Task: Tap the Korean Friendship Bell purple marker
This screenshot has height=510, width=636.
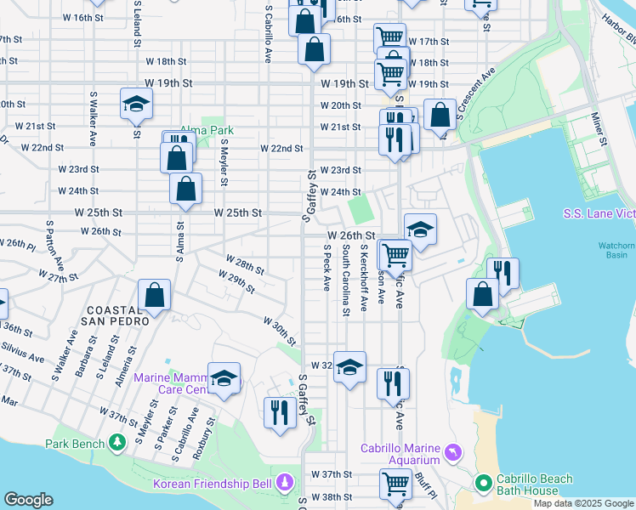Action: pyautogui.click(x=285, y=484)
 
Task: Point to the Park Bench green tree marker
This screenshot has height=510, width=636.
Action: pyautogui.click(x=117, y=443)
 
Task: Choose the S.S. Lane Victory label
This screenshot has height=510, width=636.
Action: pyautogui.click(x=599, y=213)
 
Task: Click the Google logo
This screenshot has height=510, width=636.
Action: pyautogui.click(x=28, y=500)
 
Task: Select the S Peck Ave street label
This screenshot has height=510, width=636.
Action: pyautogui.click(x=327, y=269)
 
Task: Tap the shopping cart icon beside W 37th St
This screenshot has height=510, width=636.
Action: pyautogui.click(x=395, y=484)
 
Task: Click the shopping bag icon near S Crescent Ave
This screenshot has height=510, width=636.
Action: pyautogui.click(x=440, y=115)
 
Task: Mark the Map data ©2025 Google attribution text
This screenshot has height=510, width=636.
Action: pyautogui.click(x=582, y=503)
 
